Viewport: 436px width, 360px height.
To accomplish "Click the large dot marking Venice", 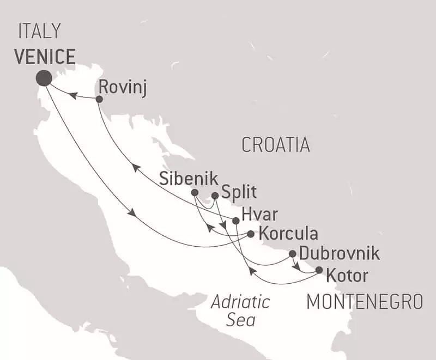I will pos(44,78).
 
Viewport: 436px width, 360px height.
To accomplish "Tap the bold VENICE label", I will pos(45,56).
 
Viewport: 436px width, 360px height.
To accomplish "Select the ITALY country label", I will pos(39,32).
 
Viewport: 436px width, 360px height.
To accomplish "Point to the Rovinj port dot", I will pos(99,99).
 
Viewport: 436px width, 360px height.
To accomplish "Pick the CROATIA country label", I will pos(275,145).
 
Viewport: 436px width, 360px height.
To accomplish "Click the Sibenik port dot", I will pos(195,192).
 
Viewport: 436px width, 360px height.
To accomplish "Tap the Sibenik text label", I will pos(189,178).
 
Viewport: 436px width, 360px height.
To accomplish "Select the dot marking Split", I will pos(215,196).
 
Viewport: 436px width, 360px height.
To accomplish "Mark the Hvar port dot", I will pos(235,221).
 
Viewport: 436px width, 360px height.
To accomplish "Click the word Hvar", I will pos(256,213).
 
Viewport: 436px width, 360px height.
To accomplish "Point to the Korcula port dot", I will pos(250,234).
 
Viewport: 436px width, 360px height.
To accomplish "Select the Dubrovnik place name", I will pos(339,254).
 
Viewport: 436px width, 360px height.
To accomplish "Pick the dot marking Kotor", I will pos(319,270).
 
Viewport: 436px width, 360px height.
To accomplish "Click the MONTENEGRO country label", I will pos(365,301).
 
